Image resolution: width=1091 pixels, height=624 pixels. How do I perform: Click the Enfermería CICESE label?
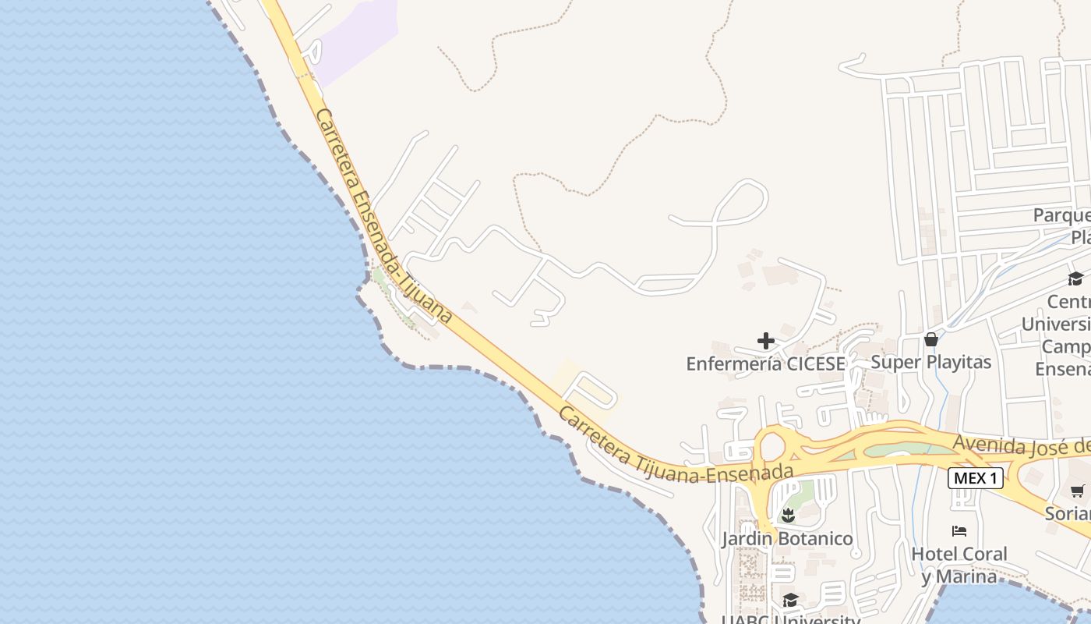[765, 363]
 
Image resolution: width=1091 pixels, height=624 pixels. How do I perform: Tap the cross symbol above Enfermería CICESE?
[766, 341]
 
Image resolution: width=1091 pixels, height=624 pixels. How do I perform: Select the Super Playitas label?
[930, 362]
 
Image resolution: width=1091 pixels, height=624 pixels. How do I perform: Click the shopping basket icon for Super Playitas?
[931, 339]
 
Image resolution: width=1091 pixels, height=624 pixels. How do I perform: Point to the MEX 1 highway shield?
[975, 478]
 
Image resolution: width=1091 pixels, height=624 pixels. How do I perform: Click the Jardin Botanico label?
[787, 539]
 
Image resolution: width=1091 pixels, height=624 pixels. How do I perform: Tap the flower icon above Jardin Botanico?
[789, 515]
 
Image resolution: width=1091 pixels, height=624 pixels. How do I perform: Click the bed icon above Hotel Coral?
[959, 531]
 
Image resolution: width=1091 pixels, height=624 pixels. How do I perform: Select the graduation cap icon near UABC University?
[790, 600]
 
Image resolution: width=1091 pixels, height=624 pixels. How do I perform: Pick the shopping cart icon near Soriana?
[1077, 491]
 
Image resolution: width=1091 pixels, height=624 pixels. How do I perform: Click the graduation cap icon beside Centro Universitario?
[1075, 278]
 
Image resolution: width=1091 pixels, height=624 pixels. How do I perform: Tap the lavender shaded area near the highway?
[355, 39]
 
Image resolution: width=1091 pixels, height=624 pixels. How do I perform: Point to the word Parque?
[1061, 214]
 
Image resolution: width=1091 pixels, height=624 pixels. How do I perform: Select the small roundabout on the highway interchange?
[771, 447]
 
